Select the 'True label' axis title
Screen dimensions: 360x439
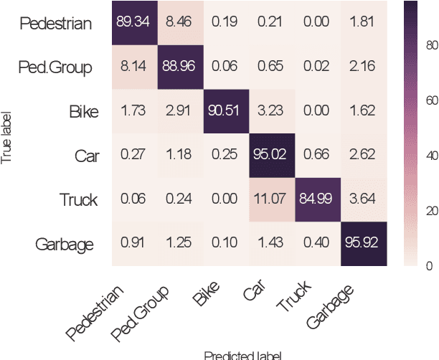click(8, 134)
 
